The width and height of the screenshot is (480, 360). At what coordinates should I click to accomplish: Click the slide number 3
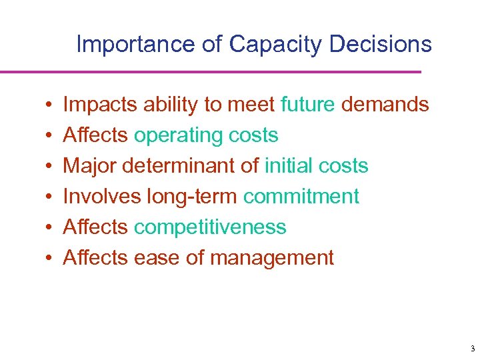(x=472, y=349)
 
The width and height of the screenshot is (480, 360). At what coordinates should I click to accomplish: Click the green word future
(x=308, y=105)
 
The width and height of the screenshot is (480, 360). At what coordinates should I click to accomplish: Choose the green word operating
(x=176, y=135)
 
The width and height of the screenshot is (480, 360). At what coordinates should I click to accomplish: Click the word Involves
(x=102, y=197)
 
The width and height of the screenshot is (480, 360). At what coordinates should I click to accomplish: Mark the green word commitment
(x=301, y=197)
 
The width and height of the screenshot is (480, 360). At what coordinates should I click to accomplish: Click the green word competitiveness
(x=210, y=227)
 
